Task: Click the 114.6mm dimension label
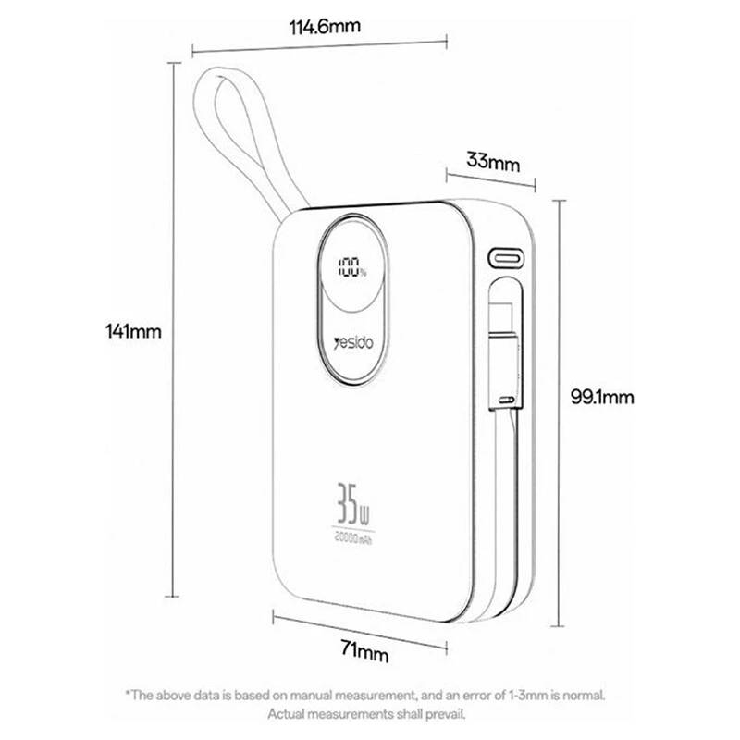coord(325,27)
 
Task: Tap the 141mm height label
coord(133,331)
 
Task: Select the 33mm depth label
coord(493,161)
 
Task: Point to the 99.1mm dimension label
coord(602,397)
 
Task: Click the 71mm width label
coord(364,651)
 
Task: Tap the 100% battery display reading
coord(351,267)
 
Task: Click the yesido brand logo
coord(353,343)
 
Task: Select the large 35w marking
coord(353,504)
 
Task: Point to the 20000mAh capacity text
coord(353,538)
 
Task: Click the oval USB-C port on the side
coord(505,258)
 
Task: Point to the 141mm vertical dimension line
coord(174,329)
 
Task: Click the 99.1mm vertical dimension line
coord(559,413)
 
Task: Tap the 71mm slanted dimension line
coord(360,631)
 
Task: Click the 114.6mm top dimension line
coord(319,46)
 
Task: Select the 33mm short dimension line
coord(491,179)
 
